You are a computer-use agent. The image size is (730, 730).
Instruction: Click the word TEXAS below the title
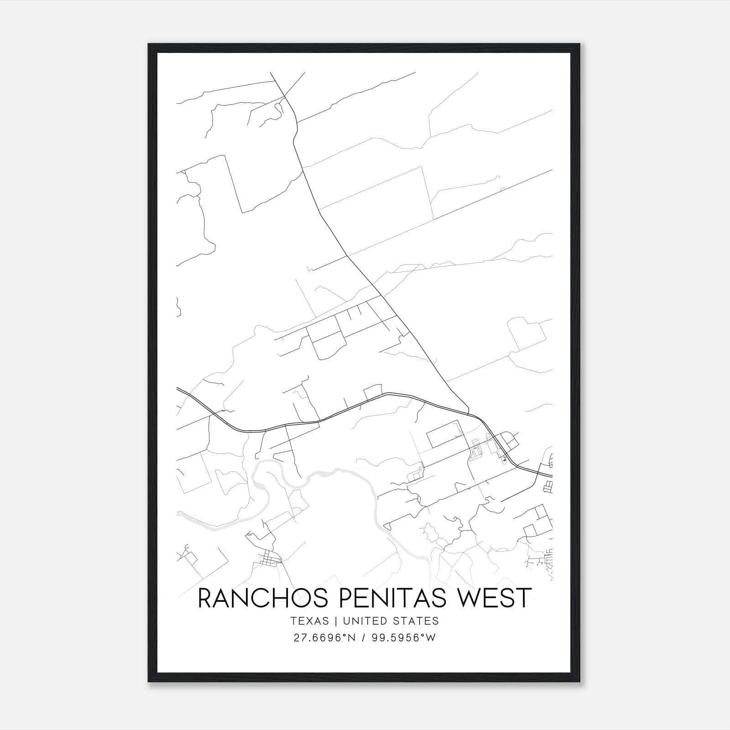309,621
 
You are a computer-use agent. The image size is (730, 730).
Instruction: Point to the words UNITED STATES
391,621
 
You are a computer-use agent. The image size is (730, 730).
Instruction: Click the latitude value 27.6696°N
324,638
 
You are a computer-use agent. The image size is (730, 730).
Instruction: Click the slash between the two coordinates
363,638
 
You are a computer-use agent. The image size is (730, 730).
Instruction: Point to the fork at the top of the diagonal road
285,96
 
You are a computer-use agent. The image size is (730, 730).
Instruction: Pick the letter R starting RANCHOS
205,598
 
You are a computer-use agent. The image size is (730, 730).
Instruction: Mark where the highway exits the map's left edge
177,389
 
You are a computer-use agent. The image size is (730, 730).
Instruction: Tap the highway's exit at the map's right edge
552,476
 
